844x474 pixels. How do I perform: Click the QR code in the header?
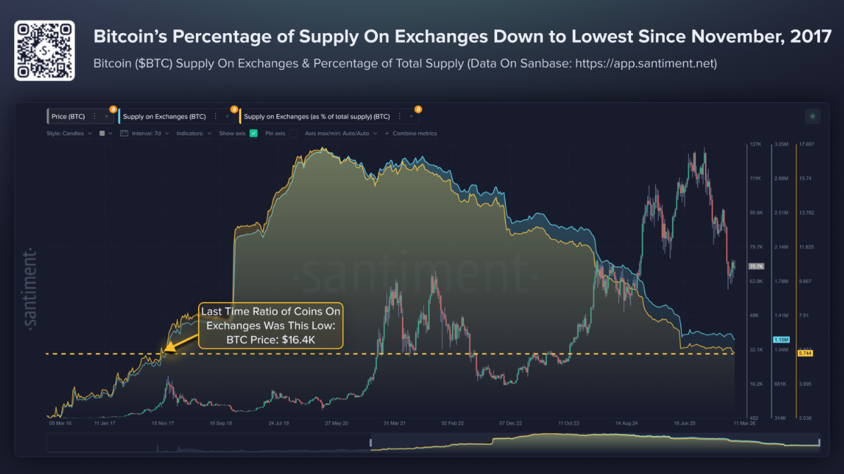(x=44, y=51)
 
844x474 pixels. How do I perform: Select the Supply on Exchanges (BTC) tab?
(x=164, y=116)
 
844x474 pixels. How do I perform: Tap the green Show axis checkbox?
(x=254, y=133)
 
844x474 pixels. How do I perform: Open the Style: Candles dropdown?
(x=69, y=133)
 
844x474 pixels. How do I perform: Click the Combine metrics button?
(x=414, y=133)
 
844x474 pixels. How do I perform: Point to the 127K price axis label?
(x=755, y=144)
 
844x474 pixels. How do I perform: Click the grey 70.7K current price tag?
(x=756, y=266)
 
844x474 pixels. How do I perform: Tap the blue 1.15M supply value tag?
(x=781, y=340)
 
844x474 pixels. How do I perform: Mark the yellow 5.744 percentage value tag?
(x=805, y=352)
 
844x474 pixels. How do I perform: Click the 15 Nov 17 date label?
(x=163, y=424)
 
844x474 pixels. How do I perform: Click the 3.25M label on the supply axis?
(x=781, y=144)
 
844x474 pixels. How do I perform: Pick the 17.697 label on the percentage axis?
(x=805, y=144)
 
